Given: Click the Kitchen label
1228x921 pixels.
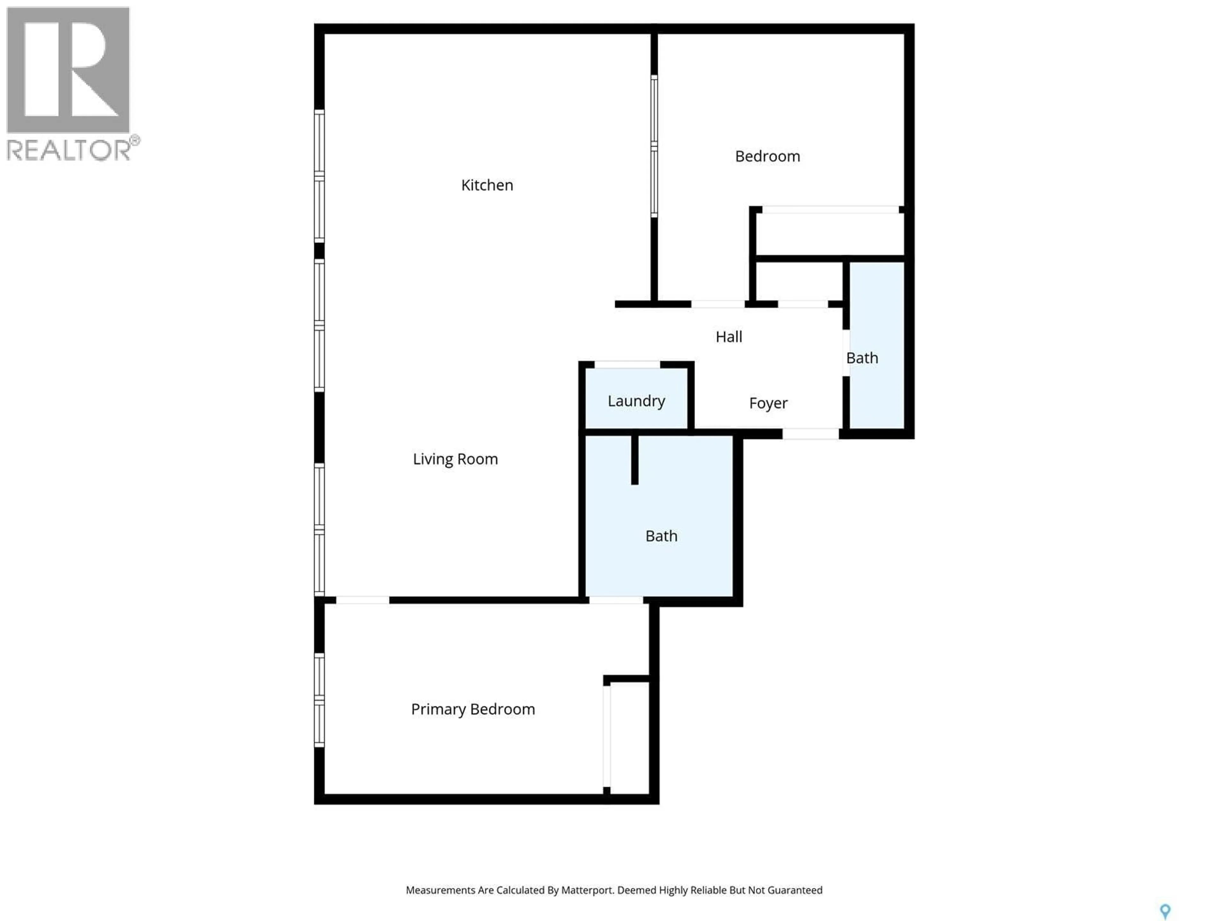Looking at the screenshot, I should click(487, 185).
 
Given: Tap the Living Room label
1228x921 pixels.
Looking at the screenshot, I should click(455, 459).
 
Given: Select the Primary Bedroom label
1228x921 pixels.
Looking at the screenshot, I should click(472, 710).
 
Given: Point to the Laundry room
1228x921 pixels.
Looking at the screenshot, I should click(636, 401).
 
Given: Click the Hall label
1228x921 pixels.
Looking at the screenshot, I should click(728, 337).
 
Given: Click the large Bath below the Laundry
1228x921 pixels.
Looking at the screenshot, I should click(661, 536).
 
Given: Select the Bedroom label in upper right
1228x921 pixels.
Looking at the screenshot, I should click(767, 157).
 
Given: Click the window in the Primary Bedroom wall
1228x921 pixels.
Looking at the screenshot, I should click(319, 699).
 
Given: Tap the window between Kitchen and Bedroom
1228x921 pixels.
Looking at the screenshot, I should click(654, 146).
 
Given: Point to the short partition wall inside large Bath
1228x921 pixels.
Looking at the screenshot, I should click(634, 460).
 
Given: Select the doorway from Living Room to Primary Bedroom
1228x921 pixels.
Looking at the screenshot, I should click(363, 600).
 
